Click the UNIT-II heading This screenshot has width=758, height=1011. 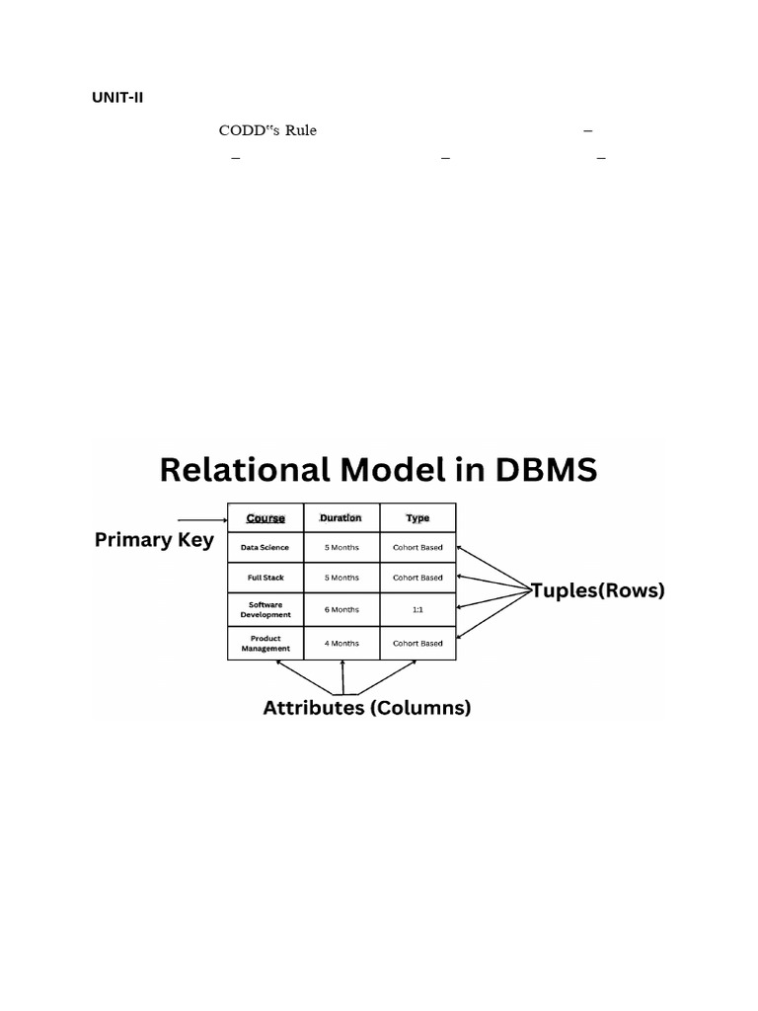pyautogui.click(x=117, y=98)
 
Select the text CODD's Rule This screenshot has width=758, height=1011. pyautogui.click(x=267, y=131)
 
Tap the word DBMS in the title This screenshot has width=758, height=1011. pyautogui.click(x=547, y=470)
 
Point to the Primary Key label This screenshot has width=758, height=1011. pyautogui.click(x=154, y=540)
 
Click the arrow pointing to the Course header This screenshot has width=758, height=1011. pyautogui.click(x=201, y=518)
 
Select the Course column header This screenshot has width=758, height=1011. pyautogui.click(x=265, y=518)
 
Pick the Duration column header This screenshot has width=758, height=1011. pyautogui.click(x=341, y=518)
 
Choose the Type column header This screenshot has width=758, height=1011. pyautogui.click(x=417, y=518)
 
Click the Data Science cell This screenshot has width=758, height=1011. pyautogui.click(x=265, y=548)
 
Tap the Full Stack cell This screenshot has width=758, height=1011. pyautogui.click(x=265, y=578)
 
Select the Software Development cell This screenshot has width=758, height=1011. pyautogui.click(x=265, y=610)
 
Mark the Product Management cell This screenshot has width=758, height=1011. pyautogui.click(x=265, y=644)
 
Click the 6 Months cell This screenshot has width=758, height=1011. pyautogui.click(x=341, y=610)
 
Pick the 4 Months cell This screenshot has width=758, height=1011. pyautogui.click(x=341, y=644)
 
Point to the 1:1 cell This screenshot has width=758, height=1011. pyautogui.click(x=417, y=610)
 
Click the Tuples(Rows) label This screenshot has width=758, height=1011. pyautogui.click(x=598, y=591)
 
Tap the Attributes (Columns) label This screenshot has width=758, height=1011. pyautogui.click(x=366, y=708)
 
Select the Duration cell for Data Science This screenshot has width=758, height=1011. pyautogui.click(x=341, y=548)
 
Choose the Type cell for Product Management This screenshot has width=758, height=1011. pyautogui.click(x=417, y=644)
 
